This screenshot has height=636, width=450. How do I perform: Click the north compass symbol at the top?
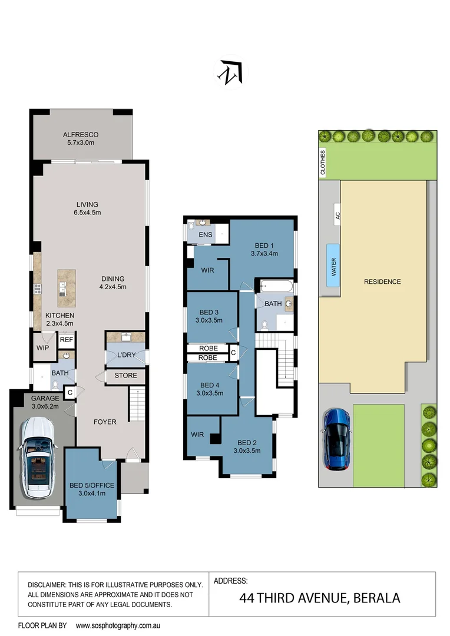coord(230,73)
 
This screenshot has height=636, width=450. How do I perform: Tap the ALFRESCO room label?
coord(81,135)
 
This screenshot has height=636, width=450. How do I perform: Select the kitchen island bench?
coord(67,288)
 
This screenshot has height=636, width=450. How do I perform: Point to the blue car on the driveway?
coord(338,439)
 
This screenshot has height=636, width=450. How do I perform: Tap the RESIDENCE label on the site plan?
coord(382,281)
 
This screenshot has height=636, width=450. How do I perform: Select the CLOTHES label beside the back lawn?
coord(322,163)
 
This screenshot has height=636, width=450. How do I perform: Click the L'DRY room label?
coord(126,356)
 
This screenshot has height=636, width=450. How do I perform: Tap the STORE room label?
coord(125,375)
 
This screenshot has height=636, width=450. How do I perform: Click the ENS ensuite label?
coord(206,235)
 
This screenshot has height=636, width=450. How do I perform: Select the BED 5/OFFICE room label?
coord(91,485)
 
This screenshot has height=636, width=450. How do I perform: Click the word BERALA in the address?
coord(376,598)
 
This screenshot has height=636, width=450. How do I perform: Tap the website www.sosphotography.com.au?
coord(118,625)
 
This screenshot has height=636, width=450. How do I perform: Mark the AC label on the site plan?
coord(338,216)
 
